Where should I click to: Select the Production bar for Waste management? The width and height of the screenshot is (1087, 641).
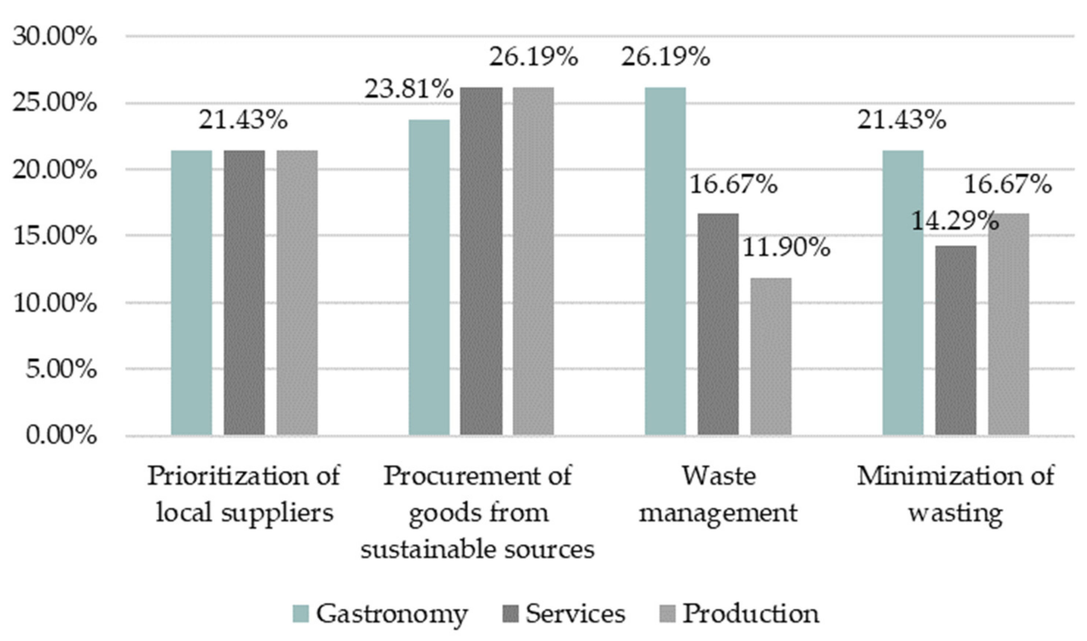771,356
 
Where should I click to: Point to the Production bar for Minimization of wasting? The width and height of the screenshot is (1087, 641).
1009,324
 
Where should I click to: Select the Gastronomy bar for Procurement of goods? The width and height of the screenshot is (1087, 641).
429,277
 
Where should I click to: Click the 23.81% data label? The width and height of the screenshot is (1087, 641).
409,89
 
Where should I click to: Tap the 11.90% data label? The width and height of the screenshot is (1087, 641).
786,248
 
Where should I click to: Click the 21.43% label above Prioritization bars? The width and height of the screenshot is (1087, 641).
243,119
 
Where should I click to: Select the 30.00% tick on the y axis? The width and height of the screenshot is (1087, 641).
54,37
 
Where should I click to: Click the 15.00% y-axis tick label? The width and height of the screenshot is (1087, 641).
54,236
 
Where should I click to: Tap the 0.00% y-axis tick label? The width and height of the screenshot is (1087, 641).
61,435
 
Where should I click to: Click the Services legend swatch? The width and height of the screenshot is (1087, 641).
510,614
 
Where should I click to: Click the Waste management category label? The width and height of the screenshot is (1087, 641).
718,494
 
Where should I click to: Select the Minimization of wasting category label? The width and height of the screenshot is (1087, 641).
955,494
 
